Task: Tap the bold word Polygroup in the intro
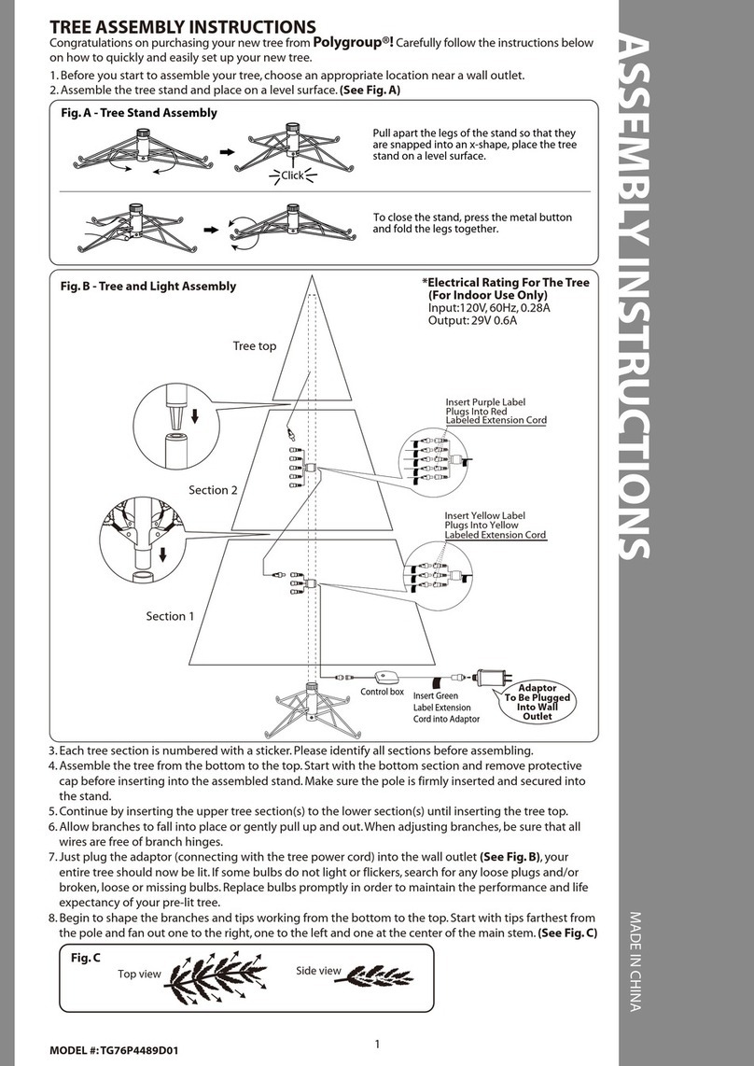pyautogui.click(x=350, y=42)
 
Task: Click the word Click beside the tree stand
pyautogui.click(x=293, y=175)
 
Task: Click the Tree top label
pyautogui.click(x=254, y=346)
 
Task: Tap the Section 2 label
pyautogui.click(x=214, y=490)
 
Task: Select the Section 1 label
pyautogui.click(x=171, y=616)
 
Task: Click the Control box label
pyautogui.click(x=383, y=693)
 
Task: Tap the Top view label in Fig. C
pyautogui.click(x=140, y=975)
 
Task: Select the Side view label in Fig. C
pyautogui.click(x=318, y=971)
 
